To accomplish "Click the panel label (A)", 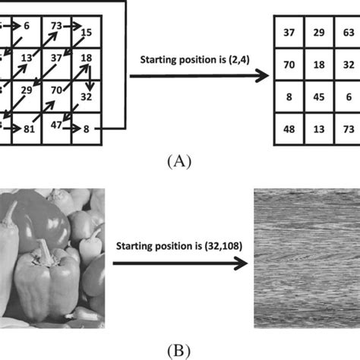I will (x=179, y=160).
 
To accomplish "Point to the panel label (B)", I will (x=179, y=350).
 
